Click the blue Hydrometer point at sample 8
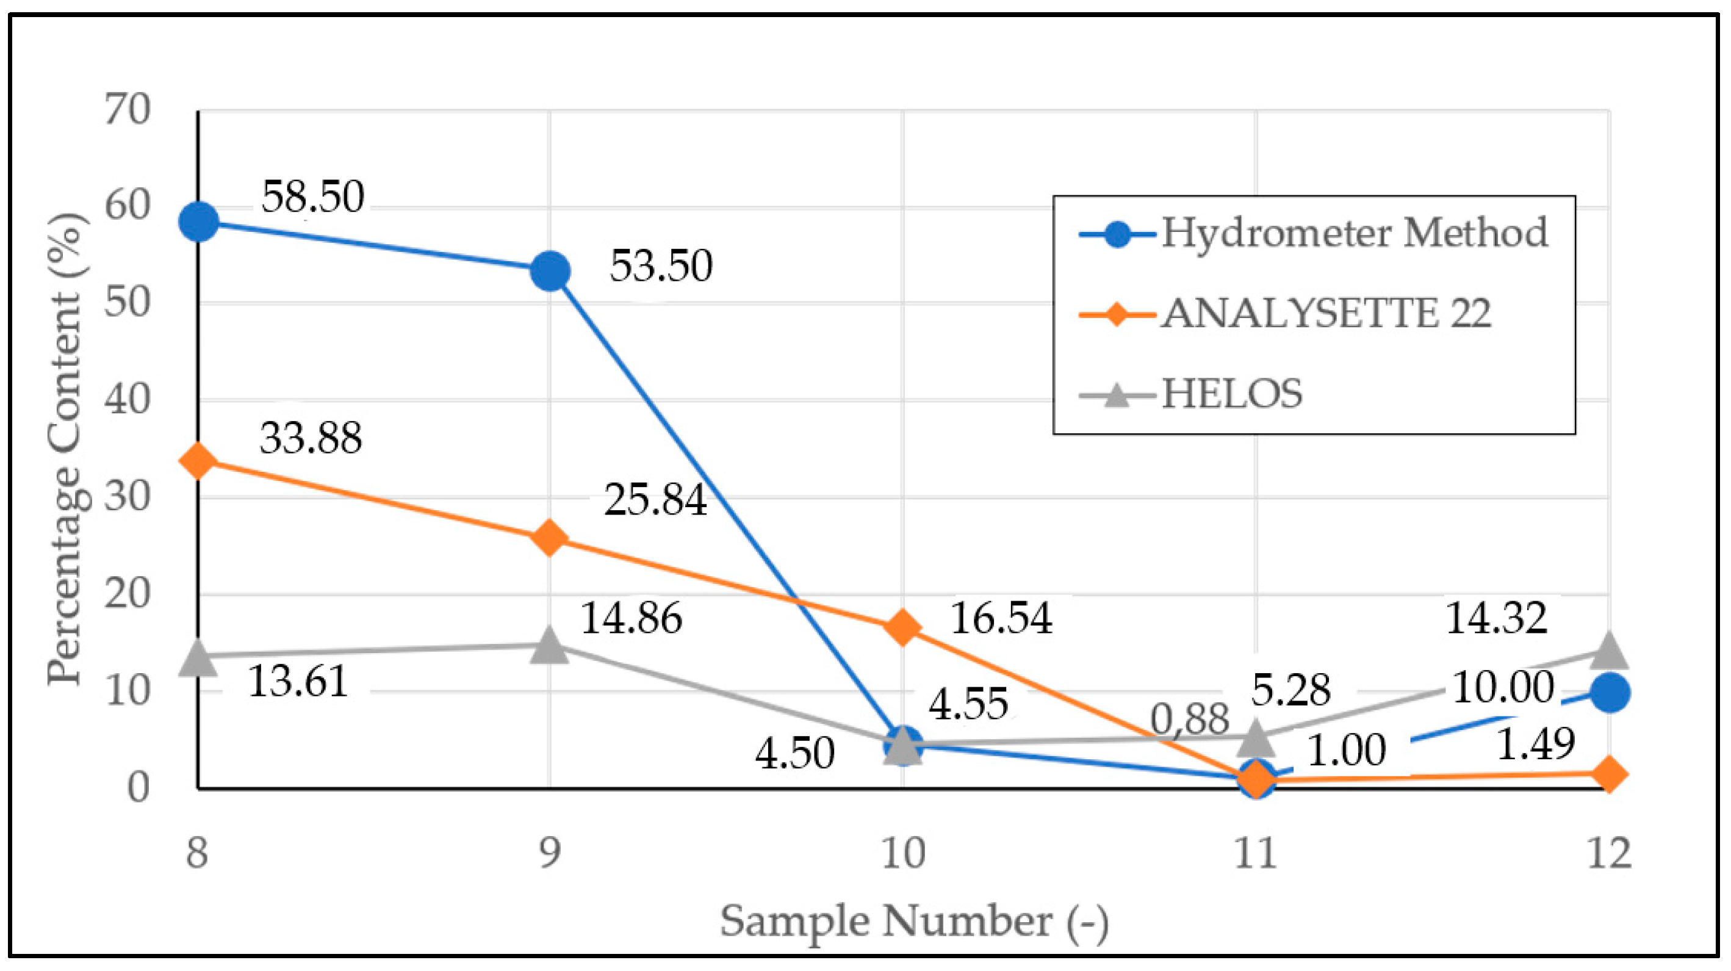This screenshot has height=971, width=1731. click(x=198, y=221)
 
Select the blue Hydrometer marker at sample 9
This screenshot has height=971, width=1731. click(x=550, y=272)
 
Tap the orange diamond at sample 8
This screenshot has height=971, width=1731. click(x=198, y=460)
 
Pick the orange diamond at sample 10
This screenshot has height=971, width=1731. click(x=902, y=627)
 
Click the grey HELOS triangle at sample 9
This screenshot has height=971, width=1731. click(x=550, y=646)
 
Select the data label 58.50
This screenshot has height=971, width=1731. click(x=312, y=197)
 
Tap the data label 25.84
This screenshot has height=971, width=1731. click(x=655, y=500)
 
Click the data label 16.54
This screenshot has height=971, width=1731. click(x=1001, y=618)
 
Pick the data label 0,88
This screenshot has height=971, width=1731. click(x=1189, y=719)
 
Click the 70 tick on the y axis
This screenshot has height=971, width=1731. click(x=127, y=109)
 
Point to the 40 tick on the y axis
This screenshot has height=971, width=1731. click(x=127, y=400)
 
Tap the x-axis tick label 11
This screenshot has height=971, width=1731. click(x=1255, y=853)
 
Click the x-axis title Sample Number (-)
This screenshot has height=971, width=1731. click(x=914, y=922)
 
